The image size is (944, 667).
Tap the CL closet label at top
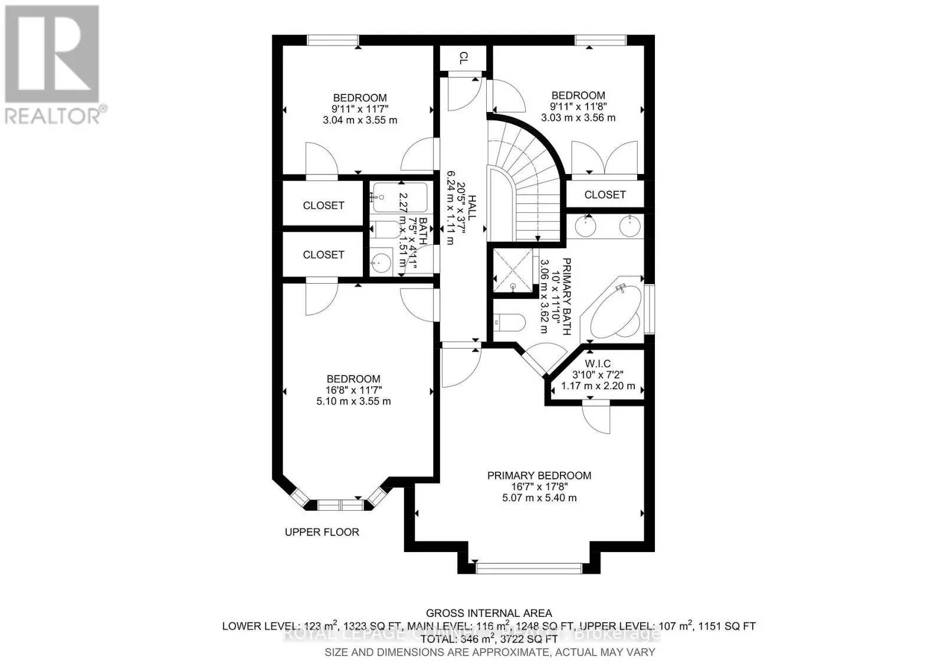coord(464,58)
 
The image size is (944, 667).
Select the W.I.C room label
coord(598,363)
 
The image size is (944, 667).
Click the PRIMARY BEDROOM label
coord(539,475)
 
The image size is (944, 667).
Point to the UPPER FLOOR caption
coord(322,532)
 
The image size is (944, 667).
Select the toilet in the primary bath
coord(509,322)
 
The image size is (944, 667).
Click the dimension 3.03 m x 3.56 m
coord(578,117)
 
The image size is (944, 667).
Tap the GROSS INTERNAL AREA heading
coord(489,613)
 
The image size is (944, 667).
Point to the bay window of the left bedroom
coord(340,505)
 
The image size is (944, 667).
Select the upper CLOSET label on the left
coord(323,205)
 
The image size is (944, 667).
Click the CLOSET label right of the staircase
coord(605,195)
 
